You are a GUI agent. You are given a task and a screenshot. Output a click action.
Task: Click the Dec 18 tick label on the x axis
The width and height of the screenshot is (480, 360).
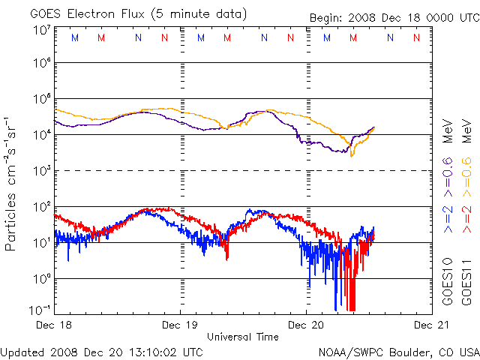click(54, 326)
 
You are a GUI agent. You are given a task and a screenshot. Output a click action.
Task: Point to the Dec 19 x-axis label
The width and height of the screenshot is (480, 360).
click(180, 326)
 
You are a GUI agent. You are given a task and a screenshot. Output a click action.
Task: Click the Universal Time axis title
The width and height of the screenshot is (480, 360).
click(243, 337)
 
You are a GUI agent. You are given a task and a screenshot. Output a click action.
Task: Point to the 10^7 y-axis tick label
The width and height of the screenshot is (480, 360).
click(40, 30)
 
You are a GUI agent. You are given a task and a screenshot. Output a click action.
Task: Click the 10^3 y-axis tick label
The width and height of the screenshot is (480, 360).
click(40, 171)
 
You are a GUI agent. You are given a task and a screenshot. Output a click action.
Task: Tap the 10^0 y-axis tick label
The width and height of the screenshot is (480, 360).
click(40, 278)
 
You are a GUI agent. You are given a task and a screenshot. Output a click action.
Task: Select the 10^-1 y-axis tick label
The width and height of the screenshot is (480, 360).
click(39, 309)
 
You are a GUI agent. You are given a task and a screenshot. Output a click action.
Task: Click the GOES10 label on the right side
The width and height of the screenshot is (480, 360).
click(448, 285)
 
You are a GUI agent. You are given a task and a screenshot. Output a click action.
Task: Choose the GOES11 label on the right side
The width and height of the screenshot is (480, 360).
click(466, 285)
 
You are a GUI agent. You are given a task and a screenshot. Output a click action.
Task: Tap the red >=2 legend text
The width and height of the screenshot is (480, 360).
click(466, 217)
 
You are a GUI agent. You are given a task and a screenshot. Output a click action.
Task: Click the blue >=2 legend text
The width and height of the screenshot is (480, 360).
click(448, 217)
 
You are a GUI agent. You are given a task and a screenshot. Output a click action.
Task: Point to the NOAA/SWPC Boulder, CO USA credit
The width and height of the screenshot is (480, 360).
click(398, 351)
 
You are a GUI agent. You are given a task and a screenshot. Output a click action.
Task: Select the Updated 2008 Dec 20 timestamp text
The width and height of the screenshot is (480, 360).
click(102, 351)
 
